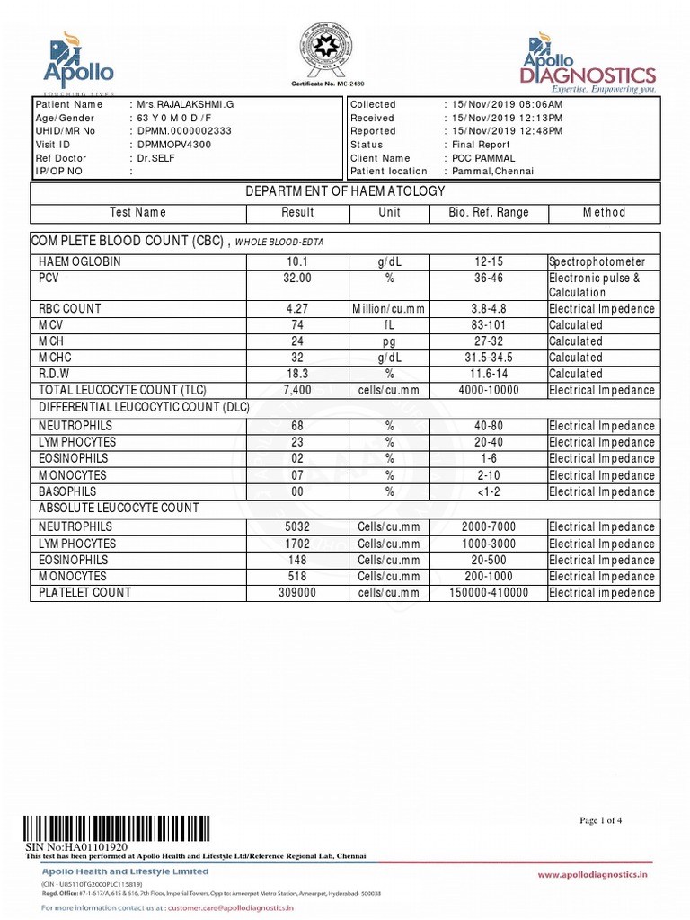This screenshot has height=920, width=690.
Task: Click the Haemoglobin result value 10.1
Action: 297,261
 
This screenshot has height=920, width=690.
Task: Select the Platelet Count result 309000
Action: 297,593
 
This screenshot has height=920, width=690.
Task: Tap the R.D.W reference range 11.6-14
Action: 489,374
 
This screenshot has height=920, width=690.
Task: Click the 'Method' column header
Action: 604,213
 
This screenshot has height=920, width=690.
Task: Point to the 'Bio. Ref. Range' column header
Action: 489,213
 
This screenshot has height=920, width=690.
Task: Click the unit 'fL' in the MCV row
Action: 390,325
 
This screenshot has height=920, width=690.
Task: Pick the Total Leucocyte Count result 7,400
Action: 297,390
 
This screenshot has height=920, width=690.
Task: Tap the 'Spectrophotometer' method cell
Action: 597,261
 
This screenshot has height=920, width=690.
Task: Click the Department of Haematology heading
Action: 346,191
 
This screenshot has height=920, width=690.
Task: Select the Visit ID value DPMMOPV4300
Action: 174,145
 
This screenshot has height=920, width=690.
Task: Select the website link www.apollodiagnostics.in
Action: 592,874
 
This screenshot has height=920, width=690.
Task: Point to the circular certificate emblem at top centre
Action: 325,50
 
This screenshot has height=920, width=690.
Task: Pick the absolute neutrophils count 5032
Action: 297,527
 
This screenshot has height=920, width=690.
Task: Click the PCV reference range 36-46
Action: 489,279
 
